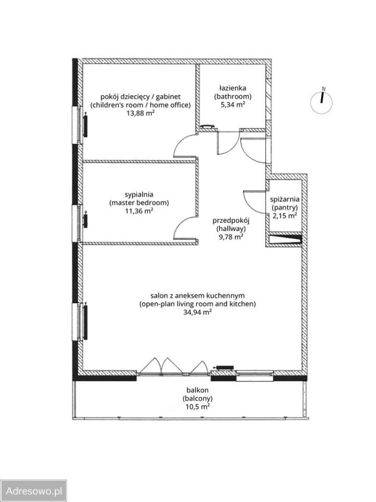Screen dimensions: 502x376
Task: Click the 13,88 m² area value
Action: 140,113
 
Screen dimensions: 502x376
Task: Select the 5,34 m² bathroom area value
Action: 233,105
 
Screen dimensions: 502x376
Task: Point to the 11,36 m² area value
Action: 139,211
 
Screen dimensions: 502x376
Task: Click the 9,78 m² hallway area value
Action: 230,237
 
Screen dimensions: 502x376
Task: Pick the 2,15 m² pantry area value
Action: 284,215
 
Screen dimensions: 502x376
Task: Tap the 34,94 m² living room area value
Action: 197,312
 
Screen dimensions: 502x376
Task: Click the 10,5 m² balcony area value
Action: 197,406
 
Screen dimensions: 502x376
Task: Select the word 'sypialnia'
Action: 139,193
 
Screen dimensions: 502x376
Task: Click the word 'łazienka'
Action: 233,88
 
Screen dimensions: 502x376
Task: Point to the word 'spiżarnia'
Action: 284,199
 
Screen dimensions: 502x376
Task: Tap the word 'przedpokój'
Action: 231,220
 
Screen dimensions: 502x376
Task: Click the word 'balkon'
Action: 197,390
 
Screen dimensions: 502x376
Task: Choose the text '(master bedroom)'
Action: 139,202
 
